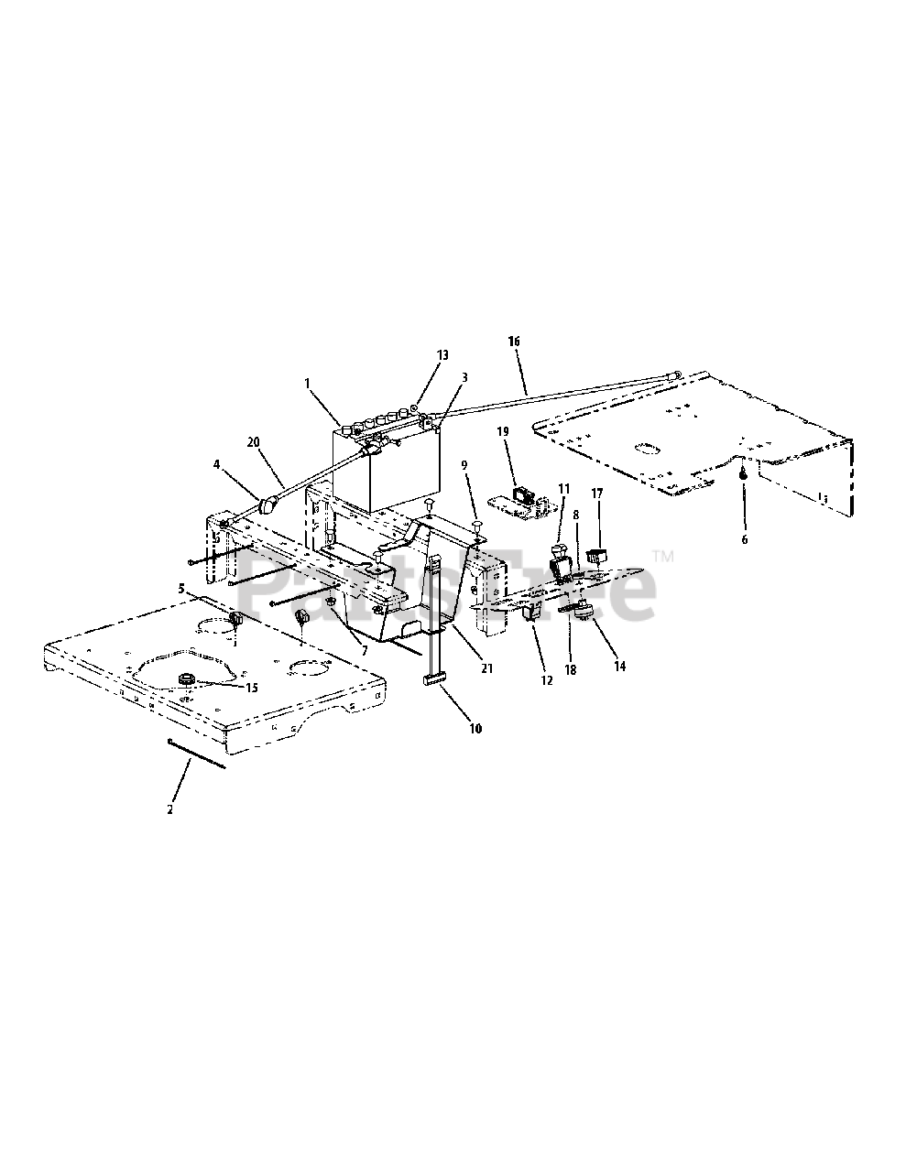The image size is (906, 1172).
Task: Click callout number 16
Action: (x=514, y=342)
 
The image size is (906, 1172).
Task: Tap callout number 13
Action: (x=442, y=355)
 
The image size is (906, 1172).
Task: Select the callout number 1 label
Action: (x=308, y=384)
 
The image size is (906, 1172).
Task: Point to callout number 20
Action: (x=253, y=442)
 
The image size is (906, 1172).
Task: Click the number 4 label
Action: (x=217, y=464)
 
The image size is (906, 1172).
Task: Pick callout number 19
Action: (x=503, y=432)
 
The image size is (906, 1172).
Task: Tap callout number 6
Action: (x=745, y=539)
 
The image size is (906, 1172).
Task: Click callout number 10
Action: (x=475, y=729)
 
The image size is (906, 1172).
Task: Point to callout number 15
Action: (x=251, y=688)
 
